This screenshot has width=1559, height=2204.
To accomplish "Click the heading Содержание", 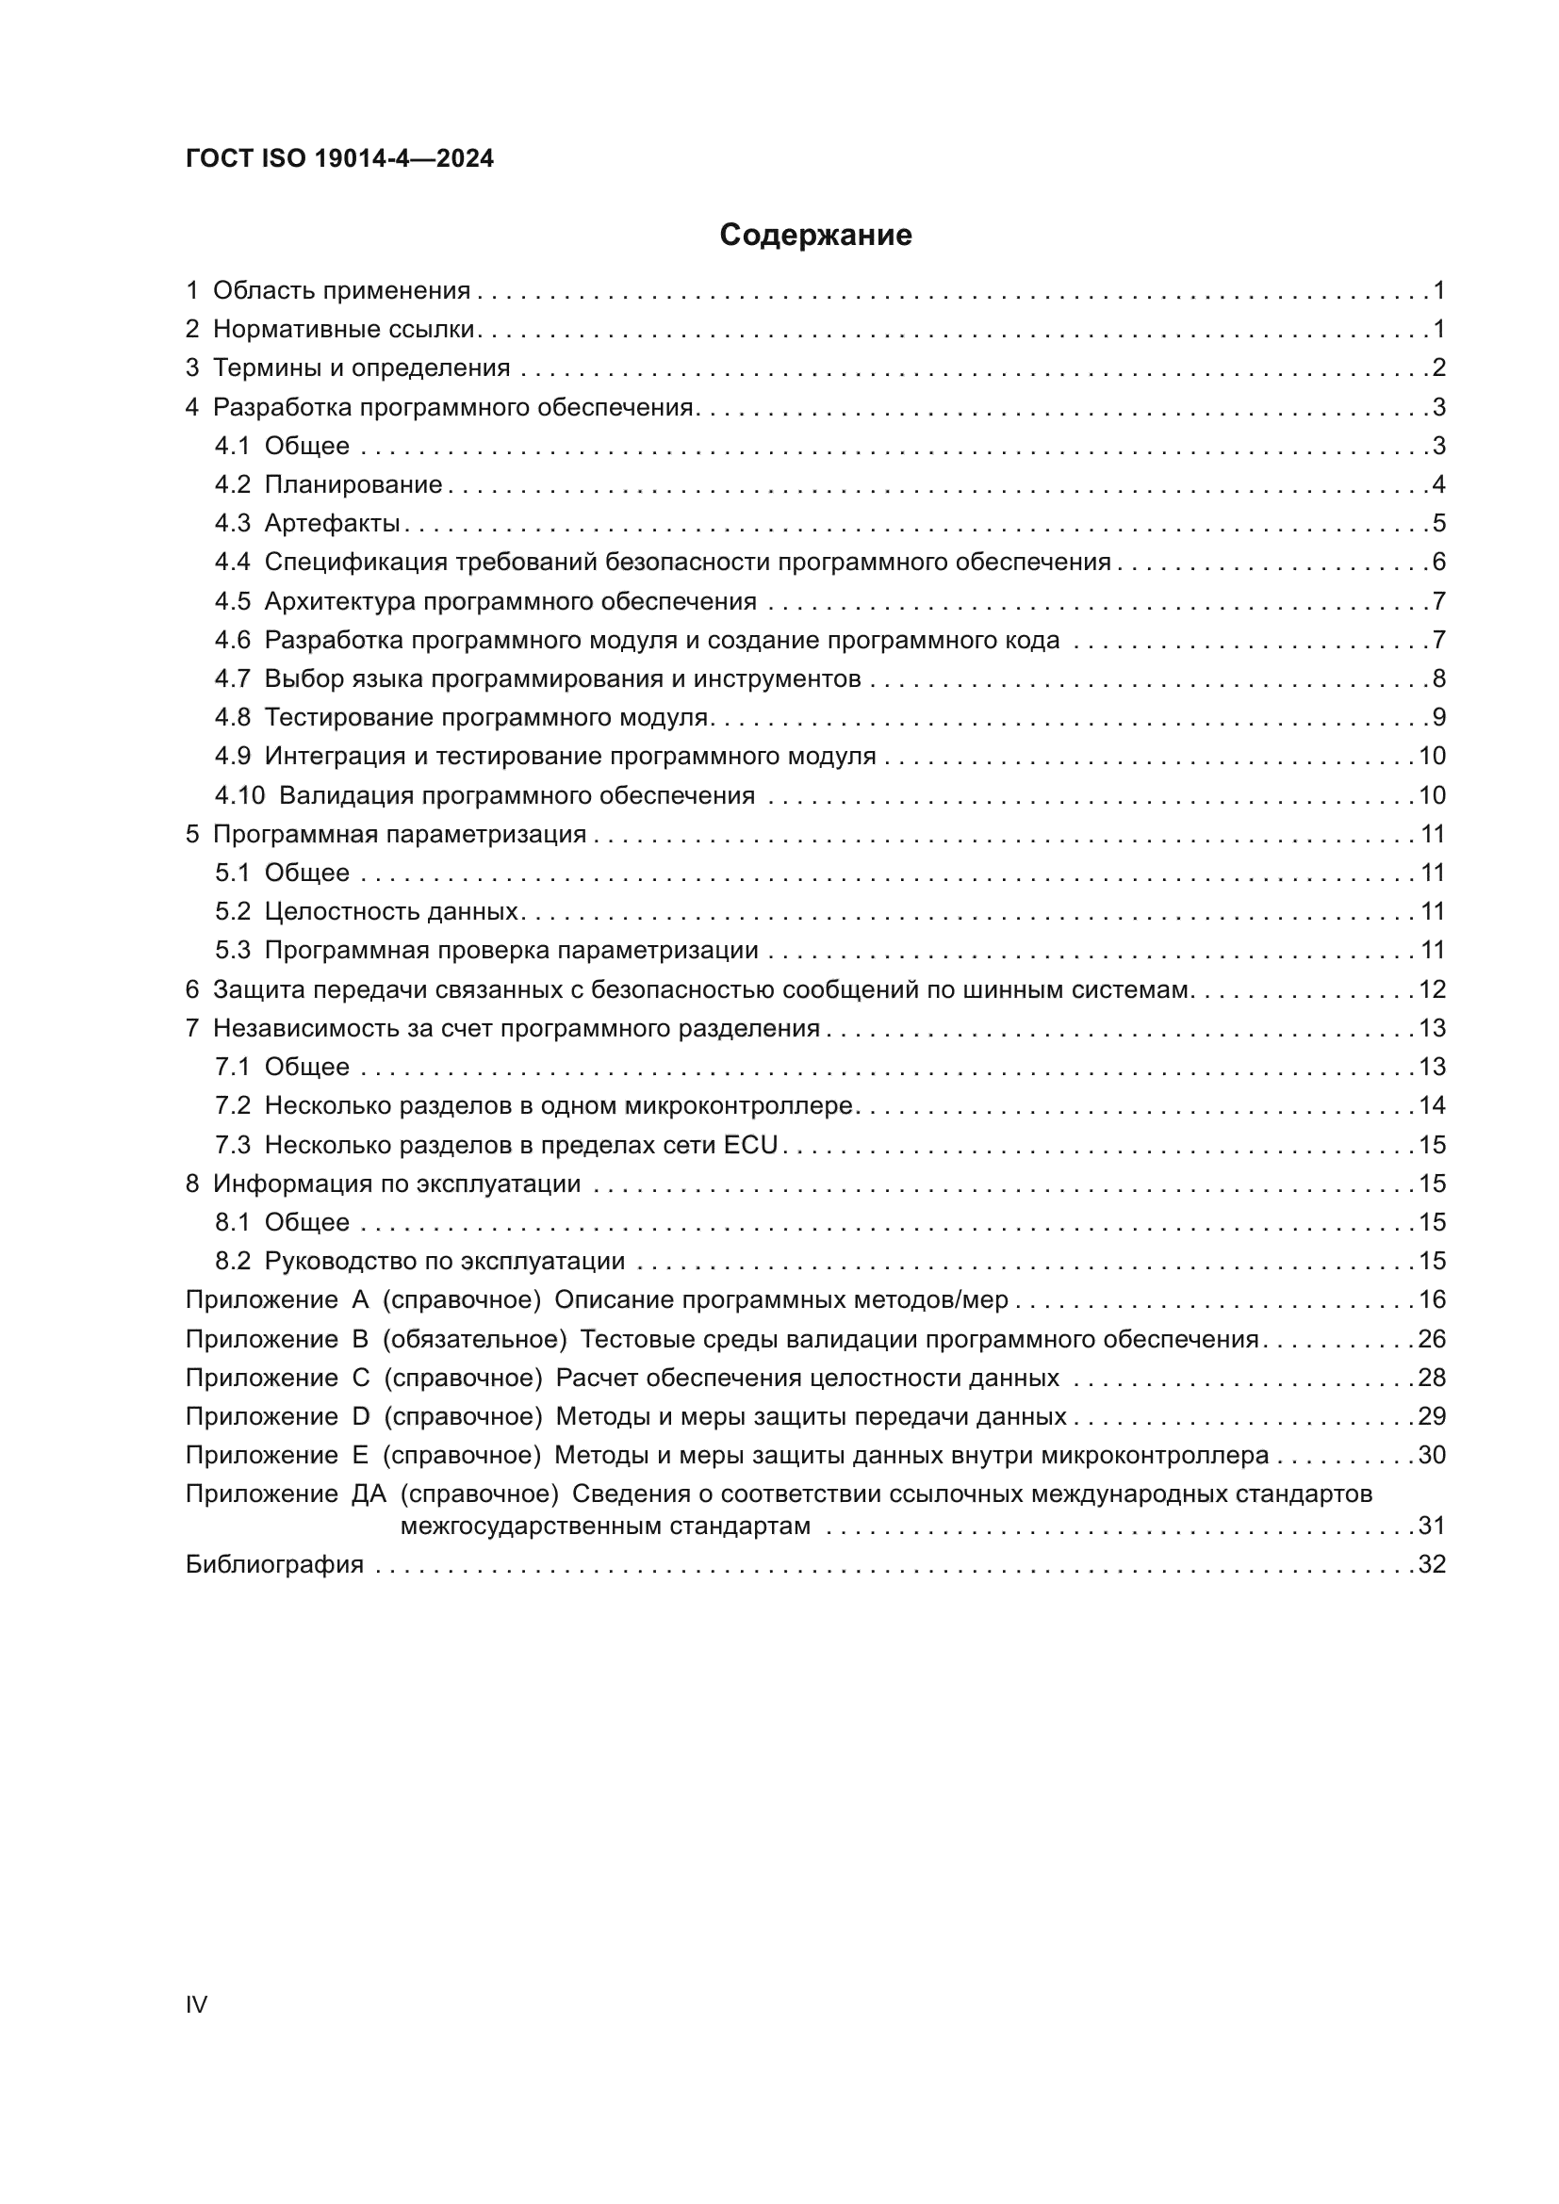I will (815, 236).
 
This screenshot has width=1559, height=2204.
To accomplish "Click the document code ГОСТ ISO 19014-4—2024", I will (340, 158).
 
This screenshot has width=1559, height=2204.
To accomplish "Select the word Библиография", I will (274, 1565).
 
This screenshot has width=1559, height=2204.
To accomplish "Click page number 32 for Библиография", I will (1432, 1565).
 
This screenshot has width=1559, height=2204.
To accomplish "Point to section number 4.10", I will (239, 796).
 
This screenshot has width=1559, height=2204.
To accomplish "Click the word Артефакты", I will (332, 523).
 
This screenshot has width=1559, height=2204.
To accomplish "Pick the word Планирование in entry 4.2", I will (353, 484).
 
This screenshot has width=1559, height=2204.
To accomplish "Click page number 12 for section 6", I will (1432, 989).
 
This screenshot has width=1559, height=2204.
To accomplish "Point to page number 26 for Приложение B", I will (1432, 1339).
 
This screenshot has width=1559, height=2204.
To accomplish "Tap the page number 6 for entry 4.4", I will (1438, 563).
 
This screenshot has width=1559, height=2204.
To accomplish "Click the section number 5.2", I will (232, 912).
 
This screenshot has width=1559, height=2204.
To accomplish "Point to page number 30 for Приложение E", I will (1432, 1455).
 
